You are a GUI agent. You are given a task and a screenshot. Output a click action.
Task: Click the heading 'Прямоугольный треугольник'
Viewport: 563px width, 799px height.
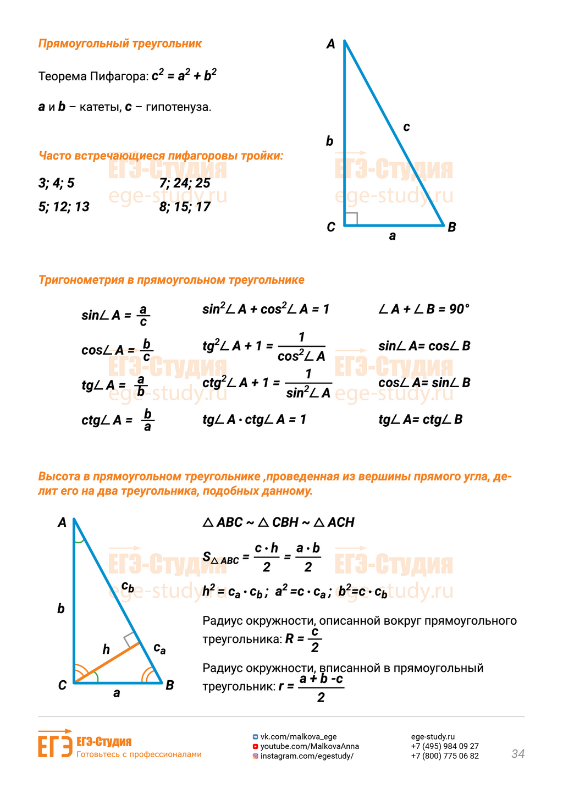[x=120, y=44]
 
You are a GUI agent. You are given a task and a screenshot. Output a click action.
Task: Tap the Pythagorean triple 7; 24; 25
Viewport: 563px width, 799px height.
[x=185, y=183]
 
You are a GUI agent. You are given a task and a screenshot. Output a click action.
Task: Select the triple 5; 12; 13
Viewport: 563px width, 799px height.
[x=64, y=207]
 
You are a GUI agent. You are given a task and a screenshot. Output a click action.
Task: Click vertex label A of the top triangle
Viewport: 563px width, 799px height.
[x=330, y=44]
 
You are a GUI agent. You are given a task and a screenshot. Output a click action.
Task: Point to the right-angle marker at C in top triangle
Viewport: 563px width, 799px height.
[x=351, y=219]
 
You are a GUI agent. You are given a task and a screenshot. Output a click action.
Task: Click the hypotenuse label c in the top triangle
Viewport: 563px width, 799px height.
[x=406, y=127]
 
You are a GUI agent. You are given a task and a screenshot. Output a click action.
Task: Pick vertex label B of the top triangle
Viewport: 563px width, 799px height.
[x=451, y=227]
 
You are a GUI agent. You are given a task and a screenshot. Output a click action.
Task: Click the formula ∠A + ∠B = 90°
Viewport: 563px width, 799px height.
[x=424, y=309]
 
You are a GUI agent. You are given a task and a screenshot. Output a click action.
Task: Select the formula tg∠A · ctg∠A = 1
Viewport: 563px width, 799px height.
[x=254, y=420]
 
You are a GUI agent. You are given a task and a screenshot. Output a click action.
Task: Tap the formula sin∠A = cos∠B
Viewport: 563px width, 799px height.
[x=424, y=346]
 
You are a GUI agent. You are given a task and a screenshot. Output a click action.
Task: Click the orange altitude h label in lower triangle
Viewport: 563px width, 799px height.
[x=106, y=650]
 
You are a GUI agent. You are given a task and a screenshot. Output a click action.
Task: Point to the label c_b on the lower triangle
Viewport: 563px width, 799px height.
[x=128, y=587]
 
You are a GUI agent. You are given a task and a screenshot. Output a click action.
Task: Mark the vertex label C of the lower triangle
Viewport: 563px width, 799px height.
[x=62, y=685]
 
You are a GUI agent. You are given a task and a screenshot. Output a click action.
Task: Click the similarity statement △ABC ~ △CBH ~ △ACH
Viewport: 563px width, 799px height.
[x=278, y=522]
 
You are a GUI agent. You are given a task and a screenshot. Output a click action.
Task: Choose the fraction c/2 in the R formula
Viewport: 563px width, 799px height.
[x=314, y=640]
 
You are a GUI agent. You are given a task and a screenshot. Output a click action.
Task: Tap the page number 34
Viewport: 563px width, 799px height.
[x=518, y=754]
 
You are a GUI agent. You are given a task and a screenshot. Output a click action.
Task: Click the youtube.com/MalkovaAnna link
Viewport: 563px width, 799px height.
[x=309, y=746]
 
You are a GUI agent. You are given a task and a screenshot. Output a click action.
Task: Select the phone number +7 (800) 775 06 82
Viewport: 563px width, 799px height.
[x=445, y=756]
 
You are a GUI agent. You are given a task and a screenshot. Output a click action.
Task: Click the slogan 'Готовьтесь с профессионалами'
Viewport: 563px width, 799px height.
[x=139, y=754]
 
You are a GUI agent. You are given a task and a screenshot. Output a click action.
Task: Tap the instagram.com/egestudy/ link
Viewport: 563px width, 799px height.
[x=306, y=756]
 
